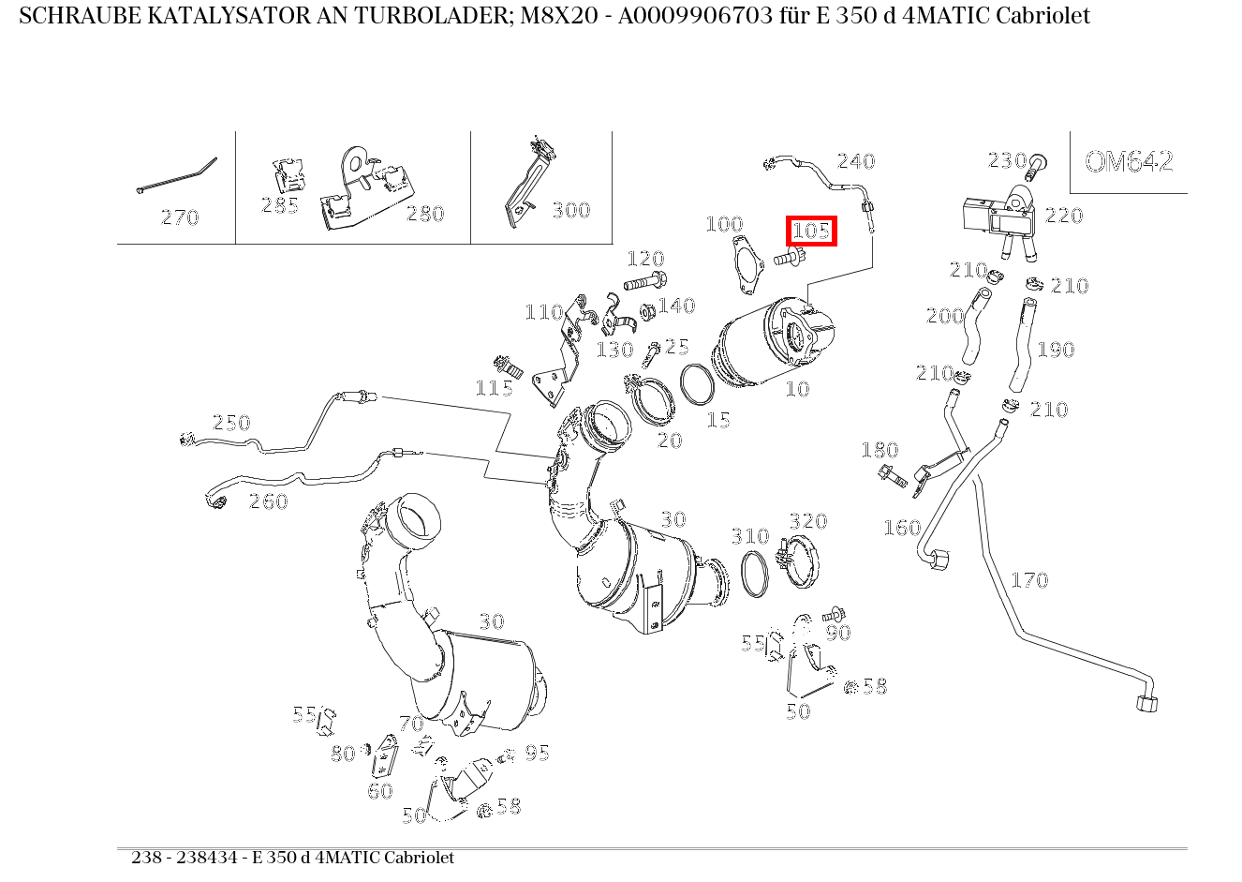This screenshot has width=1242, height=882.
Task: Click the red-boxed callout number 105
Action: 811,230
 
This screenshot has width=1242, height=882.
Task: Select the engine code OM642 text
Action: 1129,162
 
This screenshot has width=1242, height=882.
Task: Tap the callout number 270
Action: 180,217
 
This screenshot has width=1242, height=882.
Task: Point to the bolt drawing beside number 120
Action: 644,280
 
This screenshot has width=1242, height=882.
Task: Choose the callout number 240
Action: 855,161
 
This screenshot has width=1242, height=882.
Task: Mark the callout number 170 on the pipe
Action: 1028,580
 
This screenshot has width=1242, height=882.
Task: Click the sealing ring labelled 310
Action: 754,573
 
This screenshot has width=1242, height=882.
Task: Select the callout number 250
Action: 231,423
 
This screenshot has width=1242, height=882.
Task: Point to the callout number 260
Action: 268,501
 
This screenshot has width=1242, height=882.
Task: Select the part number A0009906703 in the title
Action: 678,16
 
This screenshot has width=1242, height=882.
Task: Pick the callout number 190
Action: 1056,350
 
